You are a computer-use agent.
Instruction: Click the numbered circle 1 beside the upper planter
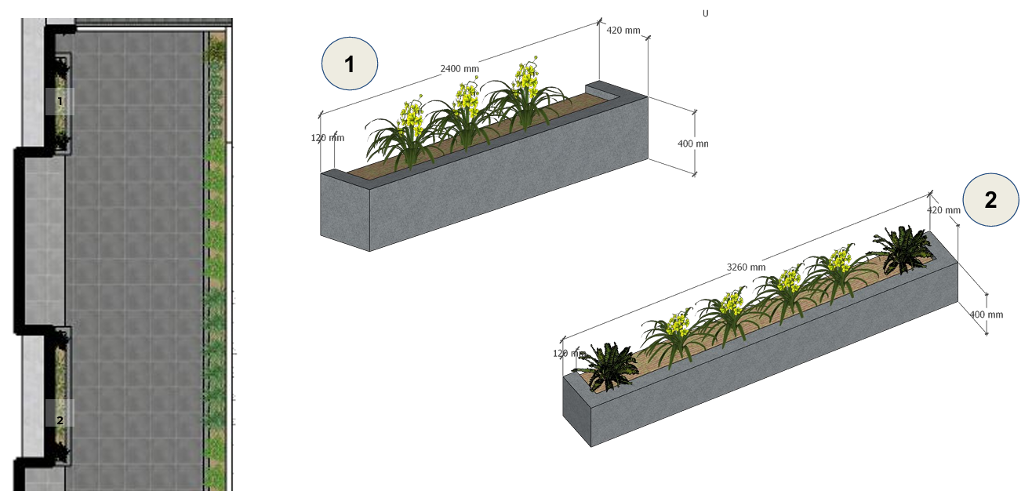(x=350, y=64)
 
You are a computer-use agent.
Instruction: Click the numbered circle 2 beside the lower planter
(x=991, y=200)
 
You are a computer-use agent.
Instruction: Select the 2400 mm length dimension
(x=460, y=69)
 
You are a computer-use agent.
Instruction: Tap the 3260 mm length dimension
(x=746, y=267)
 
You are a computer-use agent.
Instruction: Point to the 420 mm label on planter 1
(x=623, y=31)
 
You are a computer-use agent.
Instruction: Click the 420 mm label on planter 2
(x=943, y=210)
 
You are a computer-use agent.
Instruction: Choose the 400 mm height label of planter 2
(x=987, y=314)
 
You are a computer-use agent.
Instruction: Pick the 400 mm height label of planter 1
(x=693, y=144)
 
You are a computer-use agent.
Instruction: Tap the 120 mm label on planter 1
(x=328, y=138)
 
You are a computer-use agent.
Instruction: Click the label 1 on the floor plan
(x=60, y=101)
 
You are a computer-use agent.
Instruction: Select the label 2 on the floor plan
(x=60, y=420)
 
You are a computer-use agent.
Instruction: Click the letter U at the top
(x=705, y=14)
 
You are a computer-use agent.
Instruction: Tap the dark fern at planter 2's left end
(x=606, y=366)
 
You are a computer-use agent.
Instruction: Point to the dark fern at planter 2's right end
(x=902, y=249)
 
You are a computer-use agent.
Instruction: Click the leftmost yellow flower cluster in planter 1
(x=412, y=118)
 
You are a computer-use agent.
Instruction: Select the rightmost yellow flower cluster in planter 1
(x=527, y=76)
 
